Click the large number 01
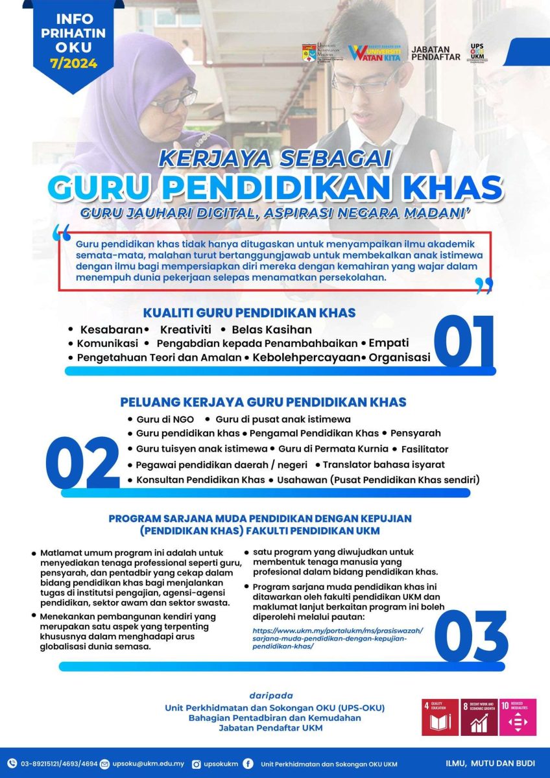click(462, 341)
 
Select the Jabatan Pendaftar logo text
click(436, 53)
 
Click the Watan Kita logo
click(374, 53)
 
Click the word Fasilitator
click(425, 449)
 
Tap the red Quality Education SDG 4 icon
click(440, 717)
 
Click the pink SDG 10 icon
click(518, 717)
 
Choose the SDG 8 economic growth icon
click(479, 717)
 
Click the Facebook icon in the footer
click(248, 764)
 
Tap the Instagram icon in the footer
click(197, 764)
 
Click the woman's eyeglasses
click(173, 100)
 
